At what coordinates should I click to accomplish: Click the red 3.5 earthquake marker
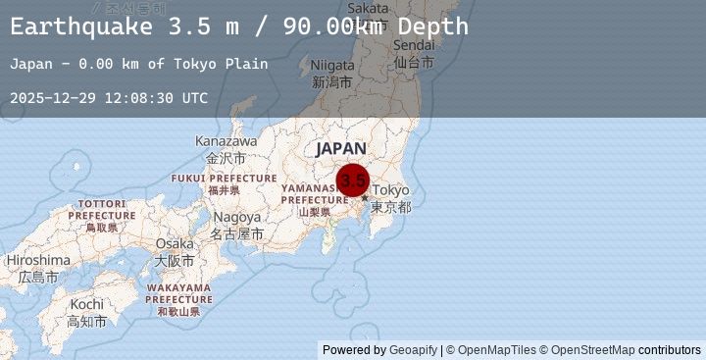pyautogui.click(x=353, y=180)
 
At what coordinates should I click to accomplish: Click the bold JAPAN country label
pyautogui.click(x=341, y=148)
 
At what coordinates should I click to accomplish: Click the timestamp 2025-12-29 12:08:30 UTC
pyautogui.click(x=109, y=98)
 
